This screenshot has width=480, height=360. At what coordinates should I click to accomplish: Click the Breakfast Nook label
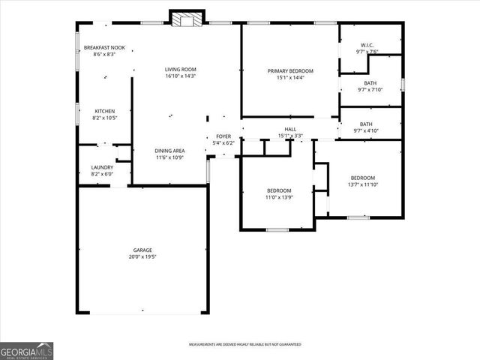point(103,48)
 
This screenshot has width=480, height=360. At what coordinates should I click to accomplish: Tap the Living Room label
point(180,70)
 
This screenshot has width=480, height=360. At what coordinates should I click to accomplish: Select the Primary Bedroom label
point(290,70)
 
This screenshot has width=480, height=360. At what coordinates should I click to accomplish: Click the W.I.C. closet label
point(367,46)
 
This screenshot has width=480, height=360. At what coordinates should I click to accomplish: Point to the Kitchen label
point(104,111)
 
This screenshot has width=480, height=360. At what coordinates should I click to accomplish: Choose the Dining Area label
point(170,151)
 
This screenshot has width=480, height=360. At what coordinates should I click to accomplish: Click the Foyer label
point(223,136)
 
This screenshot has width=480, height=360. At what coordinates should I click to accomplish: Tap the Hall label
point(290,129)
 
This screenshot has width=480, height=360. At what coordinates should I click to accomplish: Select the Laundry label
point(102,167)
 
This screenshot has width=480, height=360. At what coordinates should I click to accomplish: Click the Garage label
point(142,250)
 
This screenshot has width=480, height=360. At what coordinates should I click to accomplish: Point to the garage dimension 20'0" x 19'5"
point(142,256)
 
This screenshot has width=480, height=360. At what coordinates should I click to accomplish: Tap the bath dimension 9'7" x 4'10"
point(366,131)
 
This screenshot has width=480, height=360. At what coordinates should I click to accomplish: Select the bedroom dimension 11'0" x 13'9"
point(279,197)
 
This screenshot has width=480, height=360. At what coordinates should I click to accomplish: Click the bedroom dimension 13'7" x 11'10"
point(363,184)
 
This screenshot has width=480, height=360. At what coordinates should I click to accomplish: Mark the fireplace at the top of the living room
point(186,19)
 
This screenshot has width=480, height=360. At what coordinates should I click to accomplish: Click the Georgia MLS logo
point(26,351)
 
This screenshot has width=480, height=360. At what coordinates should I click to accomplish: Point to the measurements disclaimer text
point(244,344)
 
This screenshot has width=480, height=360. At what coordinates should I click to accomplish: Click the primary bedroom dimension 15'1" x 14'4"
point(290,77)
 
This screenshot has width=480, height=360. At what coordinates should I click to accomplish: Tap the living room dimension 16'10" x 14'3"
point(180,76)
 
